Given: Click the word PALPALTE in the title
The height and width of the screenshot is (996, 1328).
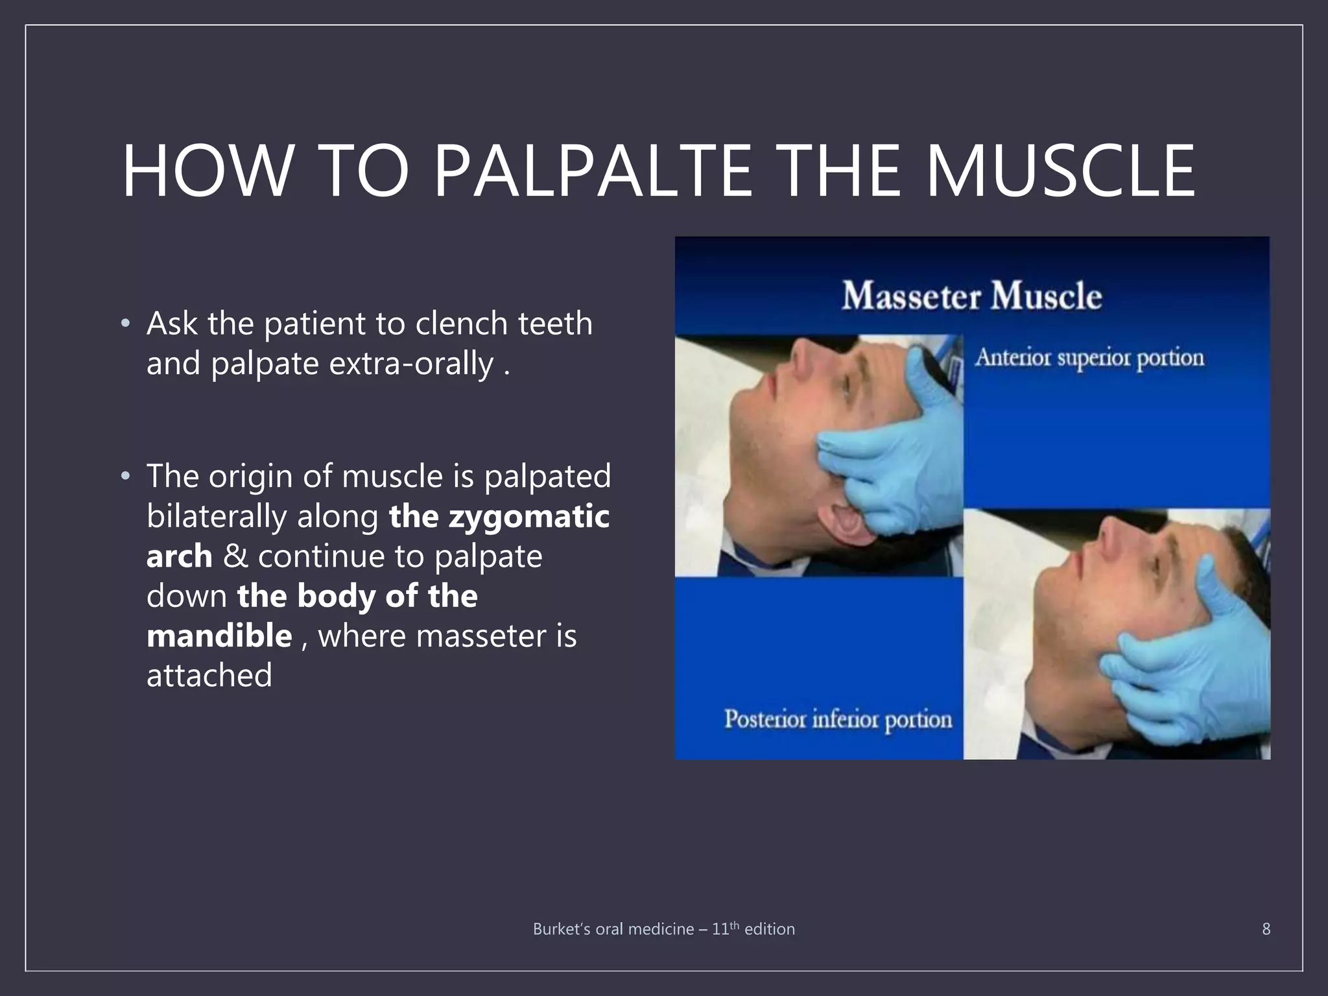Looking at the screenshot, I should click(x=592, y=171).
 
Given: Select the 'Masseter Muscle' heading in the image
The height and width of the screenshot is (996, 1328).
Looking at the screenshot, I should click(x=971, y=296).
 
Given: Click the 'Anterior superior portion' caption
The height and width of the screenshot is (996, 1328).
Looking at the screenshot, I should click(x=1089, y=358).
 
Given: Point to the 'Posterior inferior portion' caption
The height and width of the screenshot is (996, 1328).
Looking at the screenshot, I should click(x=838, y=719).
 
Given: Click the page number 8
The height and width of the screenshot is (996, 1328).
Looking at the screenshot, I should click(x=1266, y=929).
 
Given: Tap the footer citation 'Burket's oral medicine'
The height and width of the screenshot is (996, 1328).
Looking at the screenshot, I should click(x=613, y=929).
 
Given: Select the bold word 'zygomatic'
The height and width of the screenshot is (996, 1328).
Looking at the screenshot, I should click(x=528, y=516).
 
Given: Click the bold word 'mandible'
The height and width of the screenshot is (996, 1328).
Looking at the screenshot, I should click(x=219, y=635).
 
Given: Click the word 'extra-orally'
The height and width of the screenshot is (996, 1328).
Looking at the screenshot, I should click(x=411, y=363).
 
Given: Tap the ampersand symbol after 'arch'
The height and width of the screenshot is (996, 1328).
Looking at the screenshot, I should click(x=235, y=556).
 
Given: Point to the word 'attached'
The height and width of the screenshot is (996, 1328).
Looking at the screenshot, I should click(x=209, y=676).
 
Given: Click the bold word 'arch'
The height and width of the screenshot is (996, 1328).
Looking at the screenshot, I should click(x=179, y=556).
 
